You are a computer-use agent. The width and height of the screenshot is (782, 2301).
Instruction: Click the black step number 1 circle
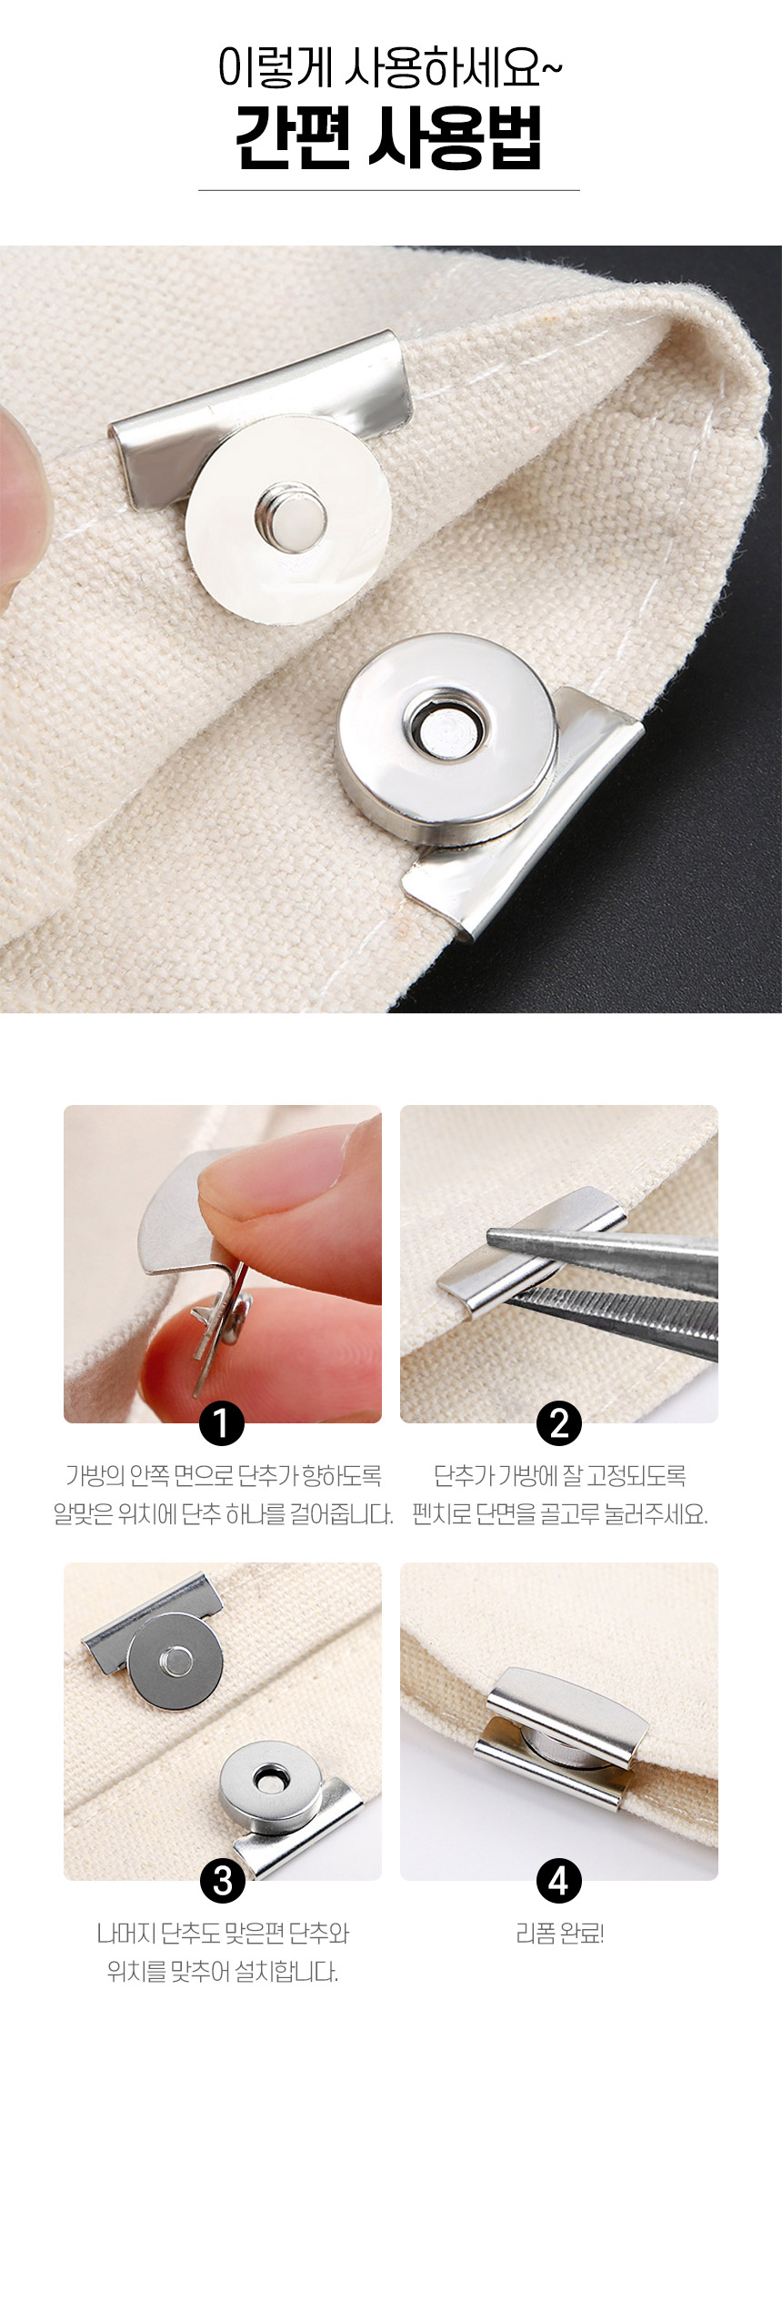pyautogui.click(x=222, y=1422)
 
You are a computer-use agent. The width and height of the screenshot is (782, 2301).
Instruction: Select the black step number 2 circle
pyautogui.click(x=559, y=1422)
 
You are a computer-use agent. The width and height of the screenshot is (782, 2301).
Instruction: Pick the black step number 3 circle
pyautogui.click(x=222, y=1880)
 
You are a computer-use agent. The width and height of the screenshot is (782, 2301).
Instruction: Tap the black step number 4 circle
pyautogui.click(x=559, y=1880)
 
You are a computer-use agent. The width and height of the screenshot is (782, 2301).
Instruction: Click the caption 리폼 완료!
pyautogui.click(x=559, y=1934)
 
